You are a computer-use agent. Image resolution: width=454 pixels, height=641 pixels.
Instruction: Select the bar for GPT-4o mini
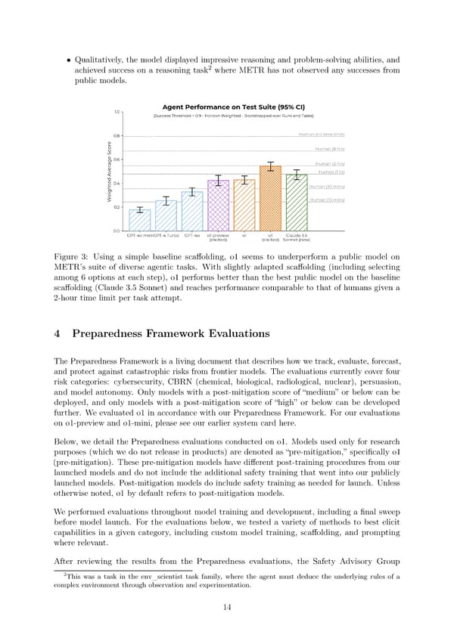[x=139, y=220]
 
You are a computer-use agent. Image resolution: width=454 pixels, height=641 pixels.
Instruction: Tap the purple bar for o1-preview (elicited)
[x=218, y=205]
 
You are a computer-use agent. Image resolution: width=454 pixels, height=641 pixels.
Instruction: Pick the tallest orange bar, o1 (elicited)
[x=270, y=198]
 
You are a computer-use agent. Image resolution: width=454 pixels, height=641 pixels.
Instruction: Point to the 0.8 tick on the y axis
[x=117, y=136]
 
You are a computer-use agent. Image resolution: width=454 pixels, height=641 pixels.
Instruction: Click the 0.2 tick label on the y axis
[x=117, y=207]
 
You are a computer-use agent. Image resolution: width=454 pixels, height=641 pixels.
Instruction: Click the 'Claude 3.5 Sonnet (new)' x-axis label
[x=297, y=237]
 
